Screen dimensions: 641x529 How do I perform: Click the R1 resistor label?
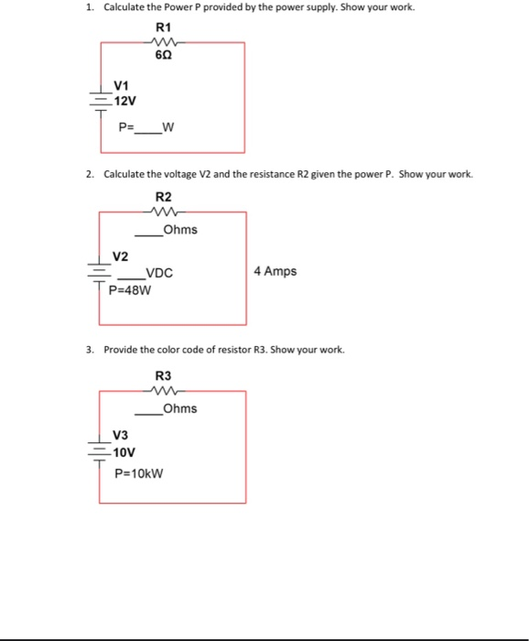[164, 26]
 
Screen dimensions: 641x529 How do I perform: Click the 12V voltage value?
[124, 100]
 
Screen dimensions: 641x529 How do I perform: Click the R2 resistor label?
[164, 196]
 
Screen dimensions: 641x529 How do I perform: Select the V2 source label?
[121, 255]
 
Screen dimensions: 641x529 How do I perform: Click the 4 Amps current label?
[275, 271]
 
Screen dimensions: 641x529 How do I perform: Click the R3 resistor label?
[164, 375]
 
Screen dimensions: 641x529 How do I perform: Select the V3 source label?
[121, 435]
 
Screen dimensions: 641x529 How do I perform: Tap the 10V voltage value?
[124, 451]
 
